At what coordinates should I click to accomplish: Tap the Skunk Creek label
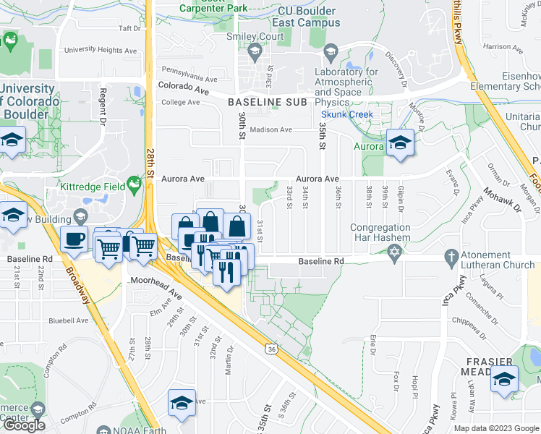(x=347, y=114)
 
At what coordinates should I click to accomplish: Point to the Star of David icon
(x=394, y=254)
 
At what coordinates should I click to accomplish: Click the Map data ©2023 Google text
(x=496, y=428)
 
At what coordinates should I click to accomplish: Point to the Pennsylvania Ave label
(x=189, y=74)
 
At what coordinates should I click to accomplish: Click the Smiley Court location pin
(x=254, y=51)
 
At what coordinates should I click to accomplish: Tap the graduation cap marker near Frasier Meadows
(x=503, y=380)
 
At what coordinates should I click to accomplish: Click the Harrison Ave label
(x=507, y=47)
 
